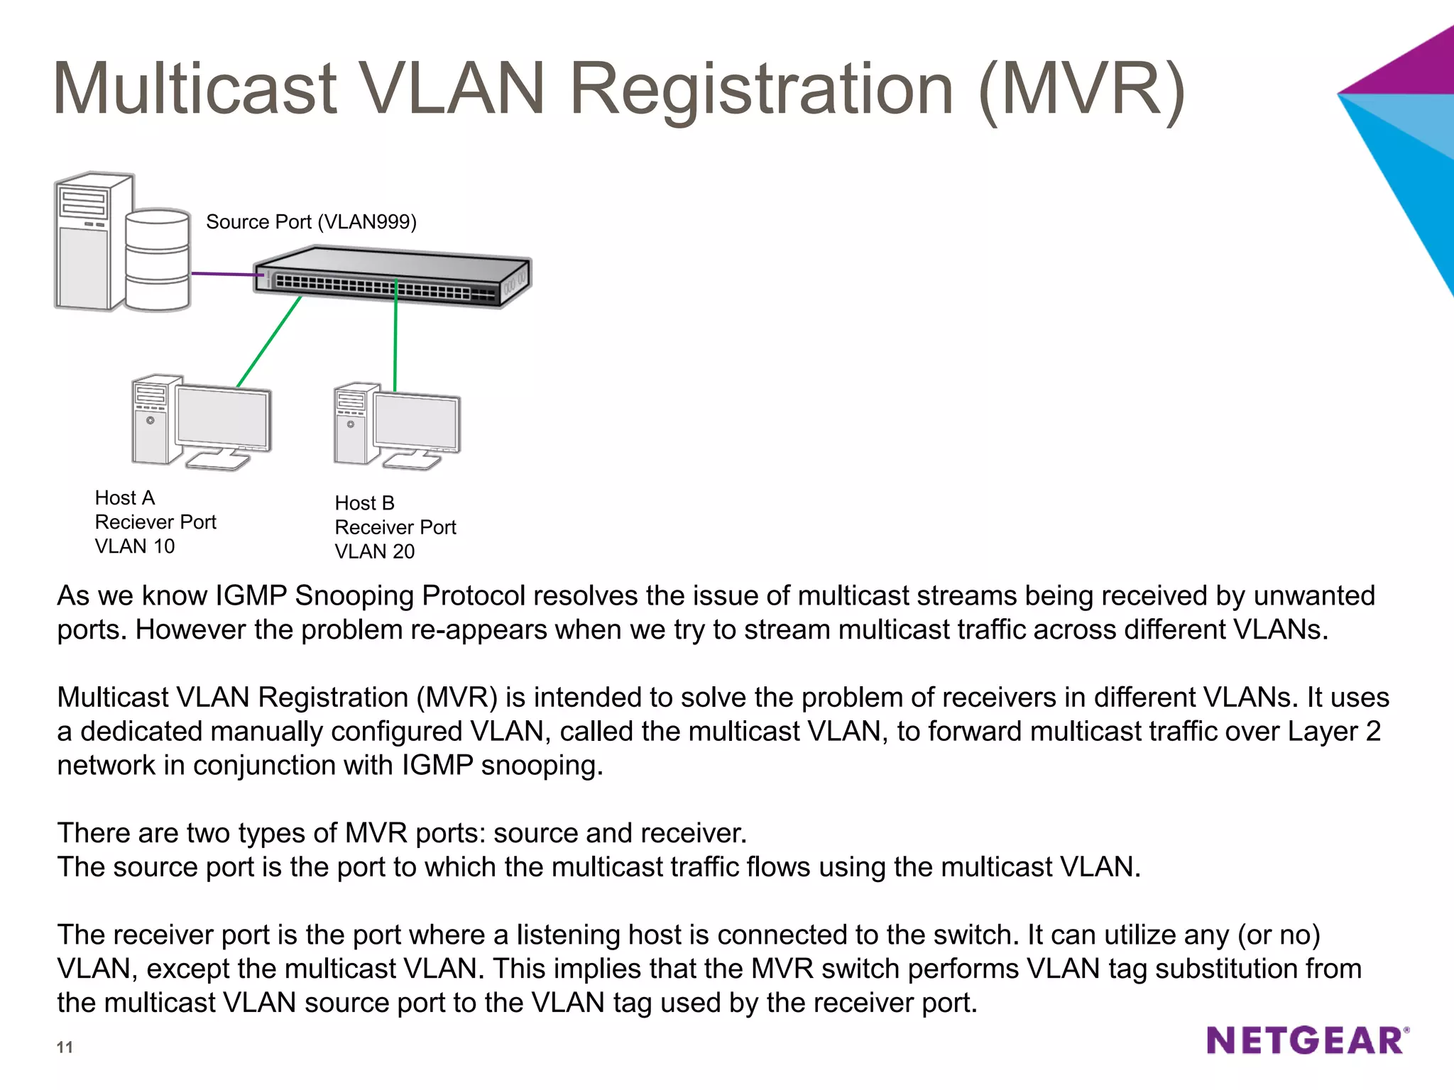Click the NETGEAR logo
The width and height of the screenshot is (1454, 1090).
[1307, 1040]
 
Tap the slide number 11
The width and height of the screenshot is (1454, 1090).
[65, 1047]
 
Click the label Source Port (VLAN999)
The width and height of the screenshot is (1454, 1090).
[311, 222]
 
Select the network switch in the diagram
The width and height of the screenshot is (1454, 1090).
[393, 277]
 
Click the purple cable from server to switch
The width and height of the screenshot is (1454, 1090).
[222, 274]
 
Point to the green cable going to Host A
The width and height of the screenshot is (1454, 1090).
[269, 341]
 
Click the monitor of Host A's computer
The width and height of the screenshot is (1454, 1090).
[222, 418]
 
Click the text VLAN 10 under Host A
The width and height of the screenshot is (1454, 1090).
[135, 546]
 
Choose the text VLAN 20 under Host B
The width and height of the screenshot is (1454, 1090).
[374, 551]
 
